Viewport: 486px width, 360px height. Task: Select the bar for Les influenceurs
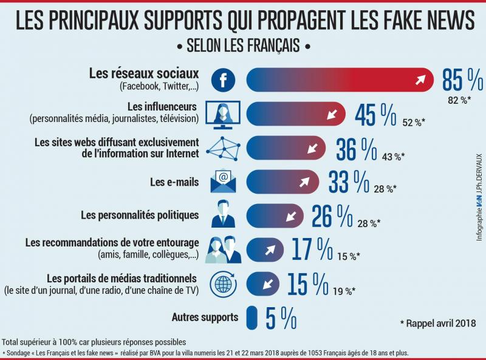pyautogui.click(x=296, y=114)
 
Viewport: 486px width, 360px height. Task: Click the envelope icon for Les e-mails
pyautogui.click(x=223, y=181)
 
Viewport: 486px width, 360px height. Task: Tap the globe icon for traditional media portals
pyautogui.click(x=223, y=283)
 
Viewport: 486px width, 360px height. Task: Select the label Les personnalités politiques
pyautogui.click(x=140, y=215)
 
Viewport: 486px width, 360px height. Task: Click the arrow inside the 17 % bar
pyautogui.click(x=268, y=250)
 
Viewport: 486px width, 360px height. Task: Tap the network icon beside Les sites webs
pyautogui.click(x=223, y=148)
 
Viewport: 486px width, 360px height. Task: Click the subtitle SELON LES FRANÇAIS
pyautogui.click(x=243, y=47)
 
